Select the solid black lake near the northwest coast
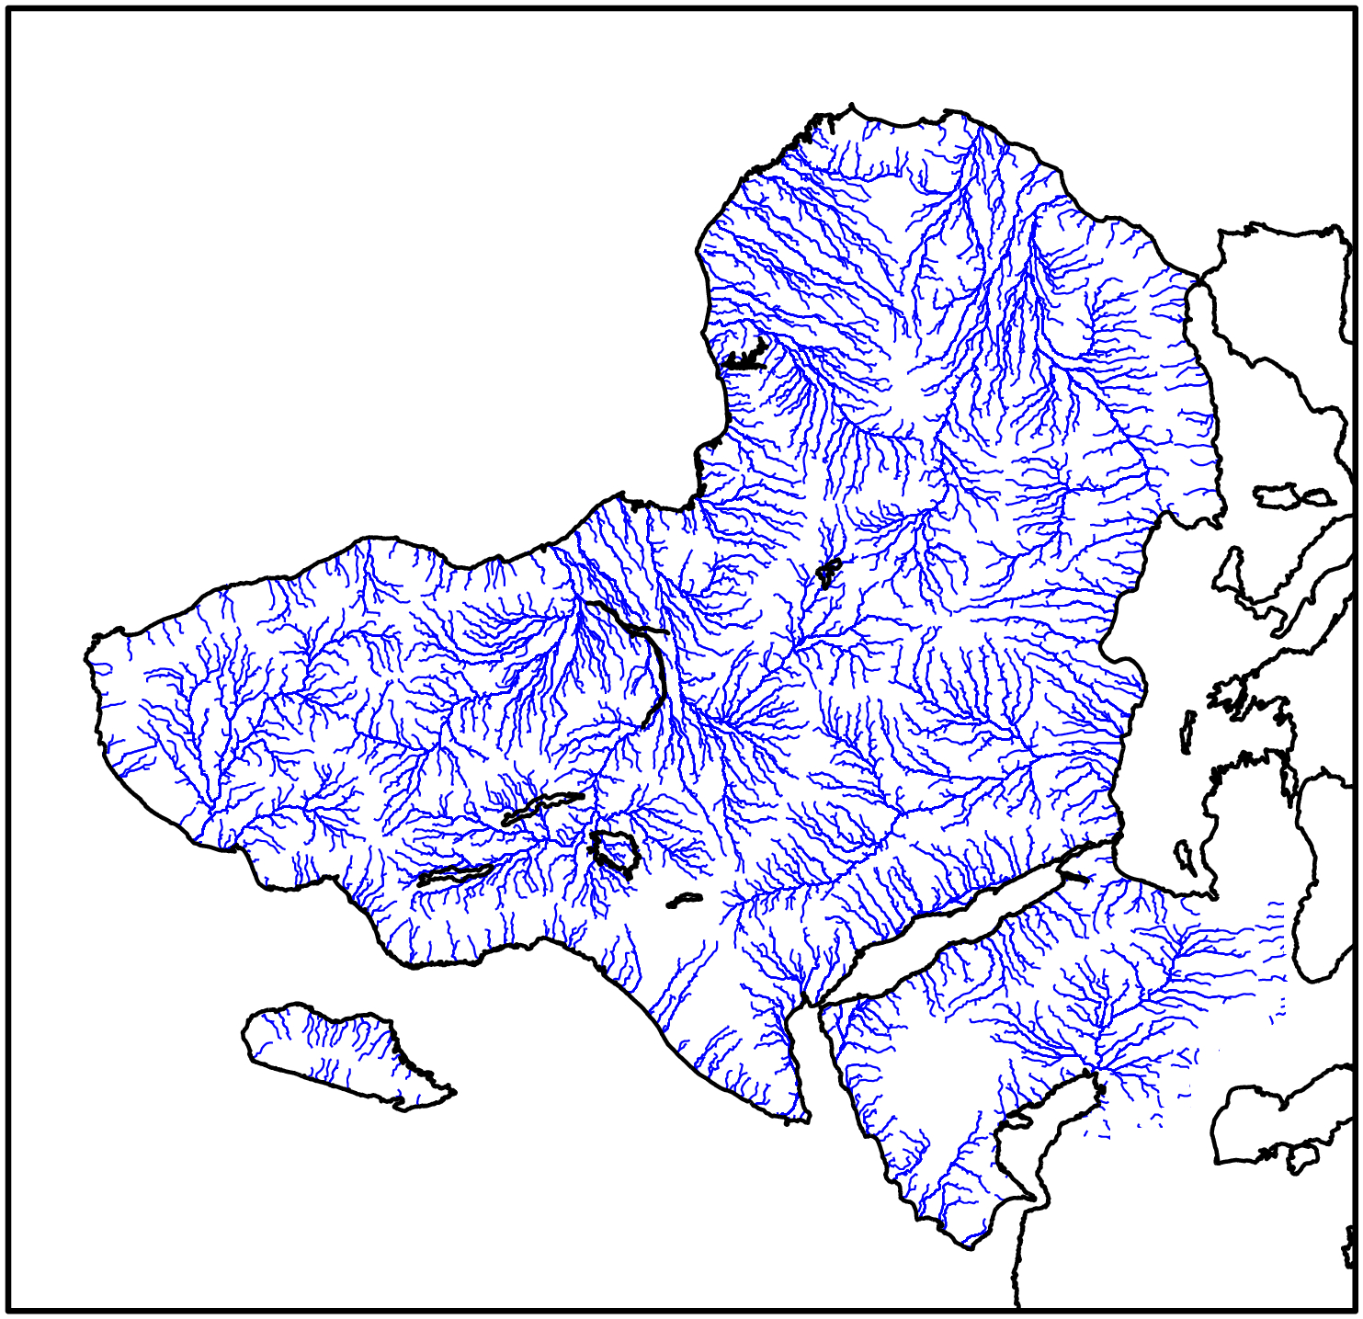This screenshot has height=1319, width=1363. tap(746, 356)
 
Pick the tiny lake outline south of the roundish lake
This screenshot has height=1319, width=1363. tap(684, 900)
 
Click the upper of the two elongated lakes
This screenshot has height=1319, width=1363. tap(542, 807)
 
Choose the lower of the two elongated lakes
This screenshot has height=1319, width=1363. tap(455, 873)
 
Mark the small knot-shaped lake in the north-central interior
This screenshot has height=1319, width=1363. tap(828, 572)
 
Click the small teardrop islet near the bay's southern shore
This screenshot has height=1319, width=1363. tap(1186, 858)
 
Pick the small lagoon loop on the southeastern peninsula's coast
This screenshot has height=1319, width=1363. tap(1018, 1120)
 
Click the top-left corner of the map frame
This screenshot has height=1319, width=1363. tap(9, 9)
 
